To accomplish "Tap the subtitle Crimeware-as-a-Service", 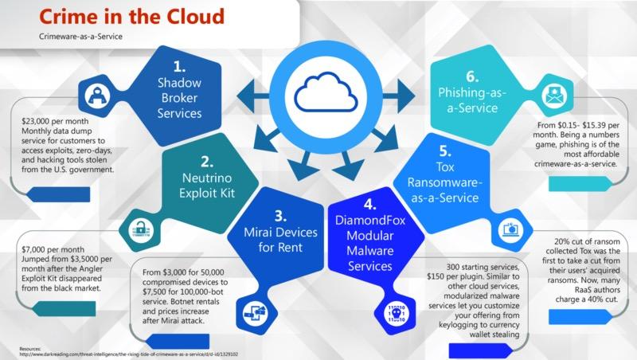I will click(77, 37).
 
